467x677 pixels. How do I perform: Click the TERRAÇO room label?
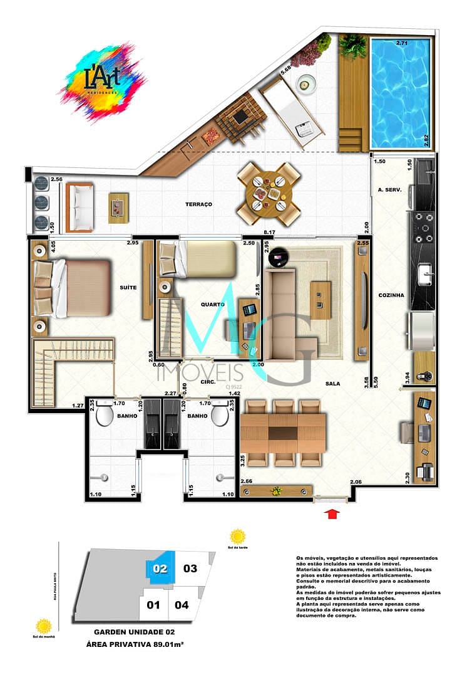click(200, 204)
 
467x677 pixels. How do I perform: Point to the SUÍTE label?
click(128, 287)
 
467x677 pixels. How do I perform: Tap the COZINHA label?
click(391, 295)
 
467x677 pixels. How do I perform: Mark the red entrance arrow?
click(333, 515)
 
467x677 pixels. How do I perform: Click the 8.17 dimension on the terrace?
click(270, 233)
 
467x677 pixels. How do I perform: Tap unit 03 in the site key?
click(190, 569)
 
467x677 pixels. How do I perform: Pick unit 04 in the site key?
click(182, 605)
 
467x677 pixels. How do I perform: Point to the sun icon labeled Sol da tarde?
click(237, 537)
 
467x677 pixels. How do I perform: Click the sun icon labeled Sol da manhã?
click(44, 625)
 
